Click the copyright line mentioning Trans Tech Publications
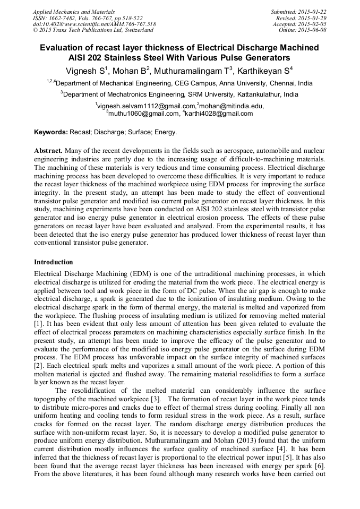tap(93, 30)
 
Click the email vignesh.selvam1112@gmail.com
tap(146, 106)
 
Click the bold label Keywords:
tap(50, 132)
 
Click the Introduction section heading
tap(54, 262)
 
